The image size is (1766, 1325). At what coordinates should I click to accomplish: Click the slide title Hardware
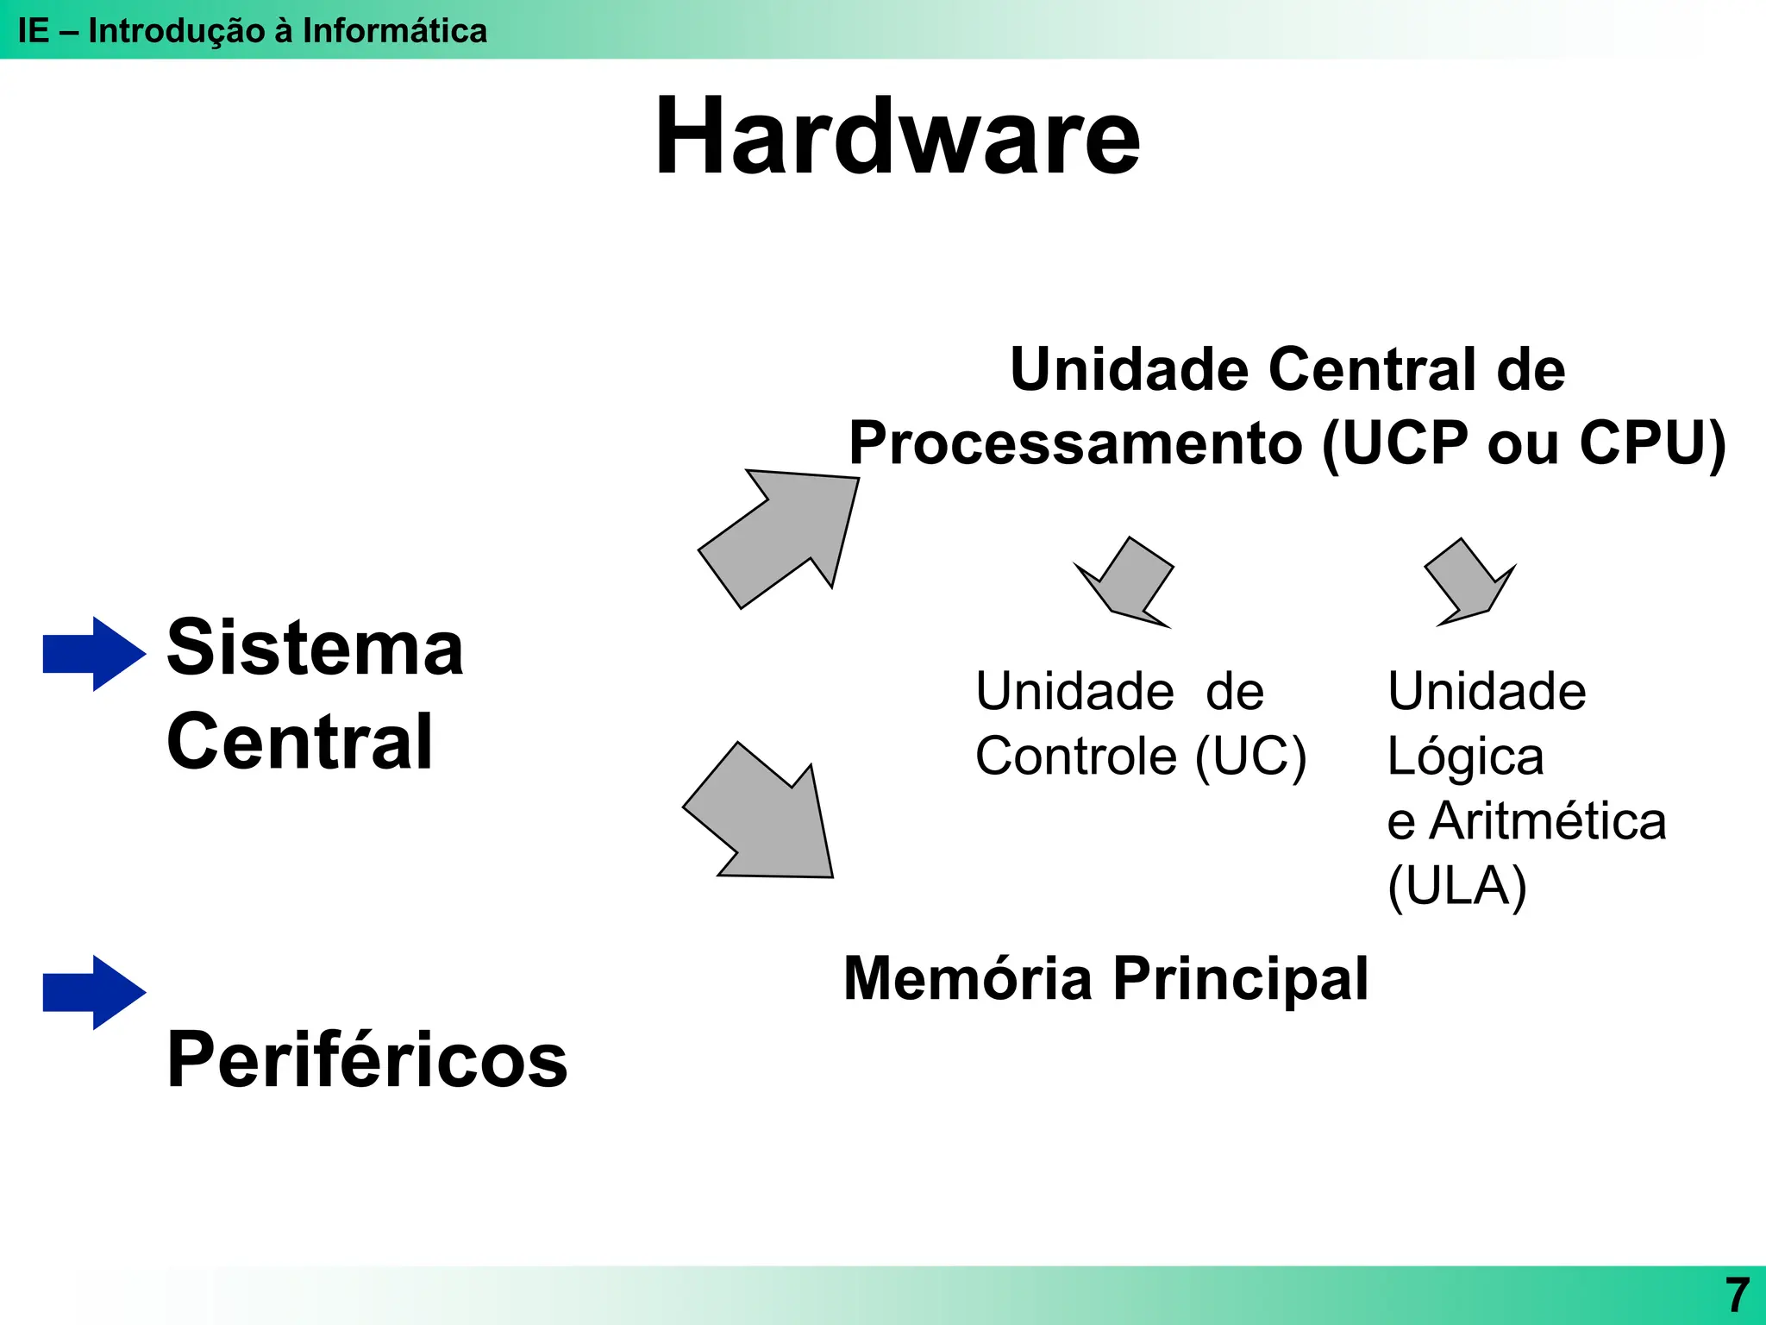897,138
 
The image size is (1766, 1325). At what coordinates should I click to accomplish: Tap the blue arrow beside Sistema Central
93,653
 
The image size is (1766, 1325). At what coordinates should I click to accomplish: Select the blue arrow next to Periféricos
93,992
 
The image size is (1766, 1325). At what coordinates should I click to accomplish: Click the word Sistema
315,648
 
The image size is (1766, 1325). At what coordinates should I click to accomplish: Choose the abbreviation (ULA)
1457,886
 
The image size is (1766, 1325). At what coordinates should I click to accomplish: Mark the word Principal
1240,979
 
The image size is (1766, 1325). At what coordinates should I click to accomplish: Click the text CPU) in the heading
1651,443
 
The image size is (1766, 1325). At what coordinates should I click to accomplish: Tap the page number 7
1737,1295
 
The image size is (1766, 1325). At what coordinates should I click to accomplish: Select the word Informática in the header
394,31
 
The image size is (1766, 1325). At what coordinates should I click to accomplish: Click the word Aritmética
1548,821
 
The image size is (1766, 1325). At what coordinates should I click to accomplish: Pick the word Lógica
1465,757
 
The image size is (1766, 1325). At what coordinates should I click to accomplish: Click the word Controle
1075,757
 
